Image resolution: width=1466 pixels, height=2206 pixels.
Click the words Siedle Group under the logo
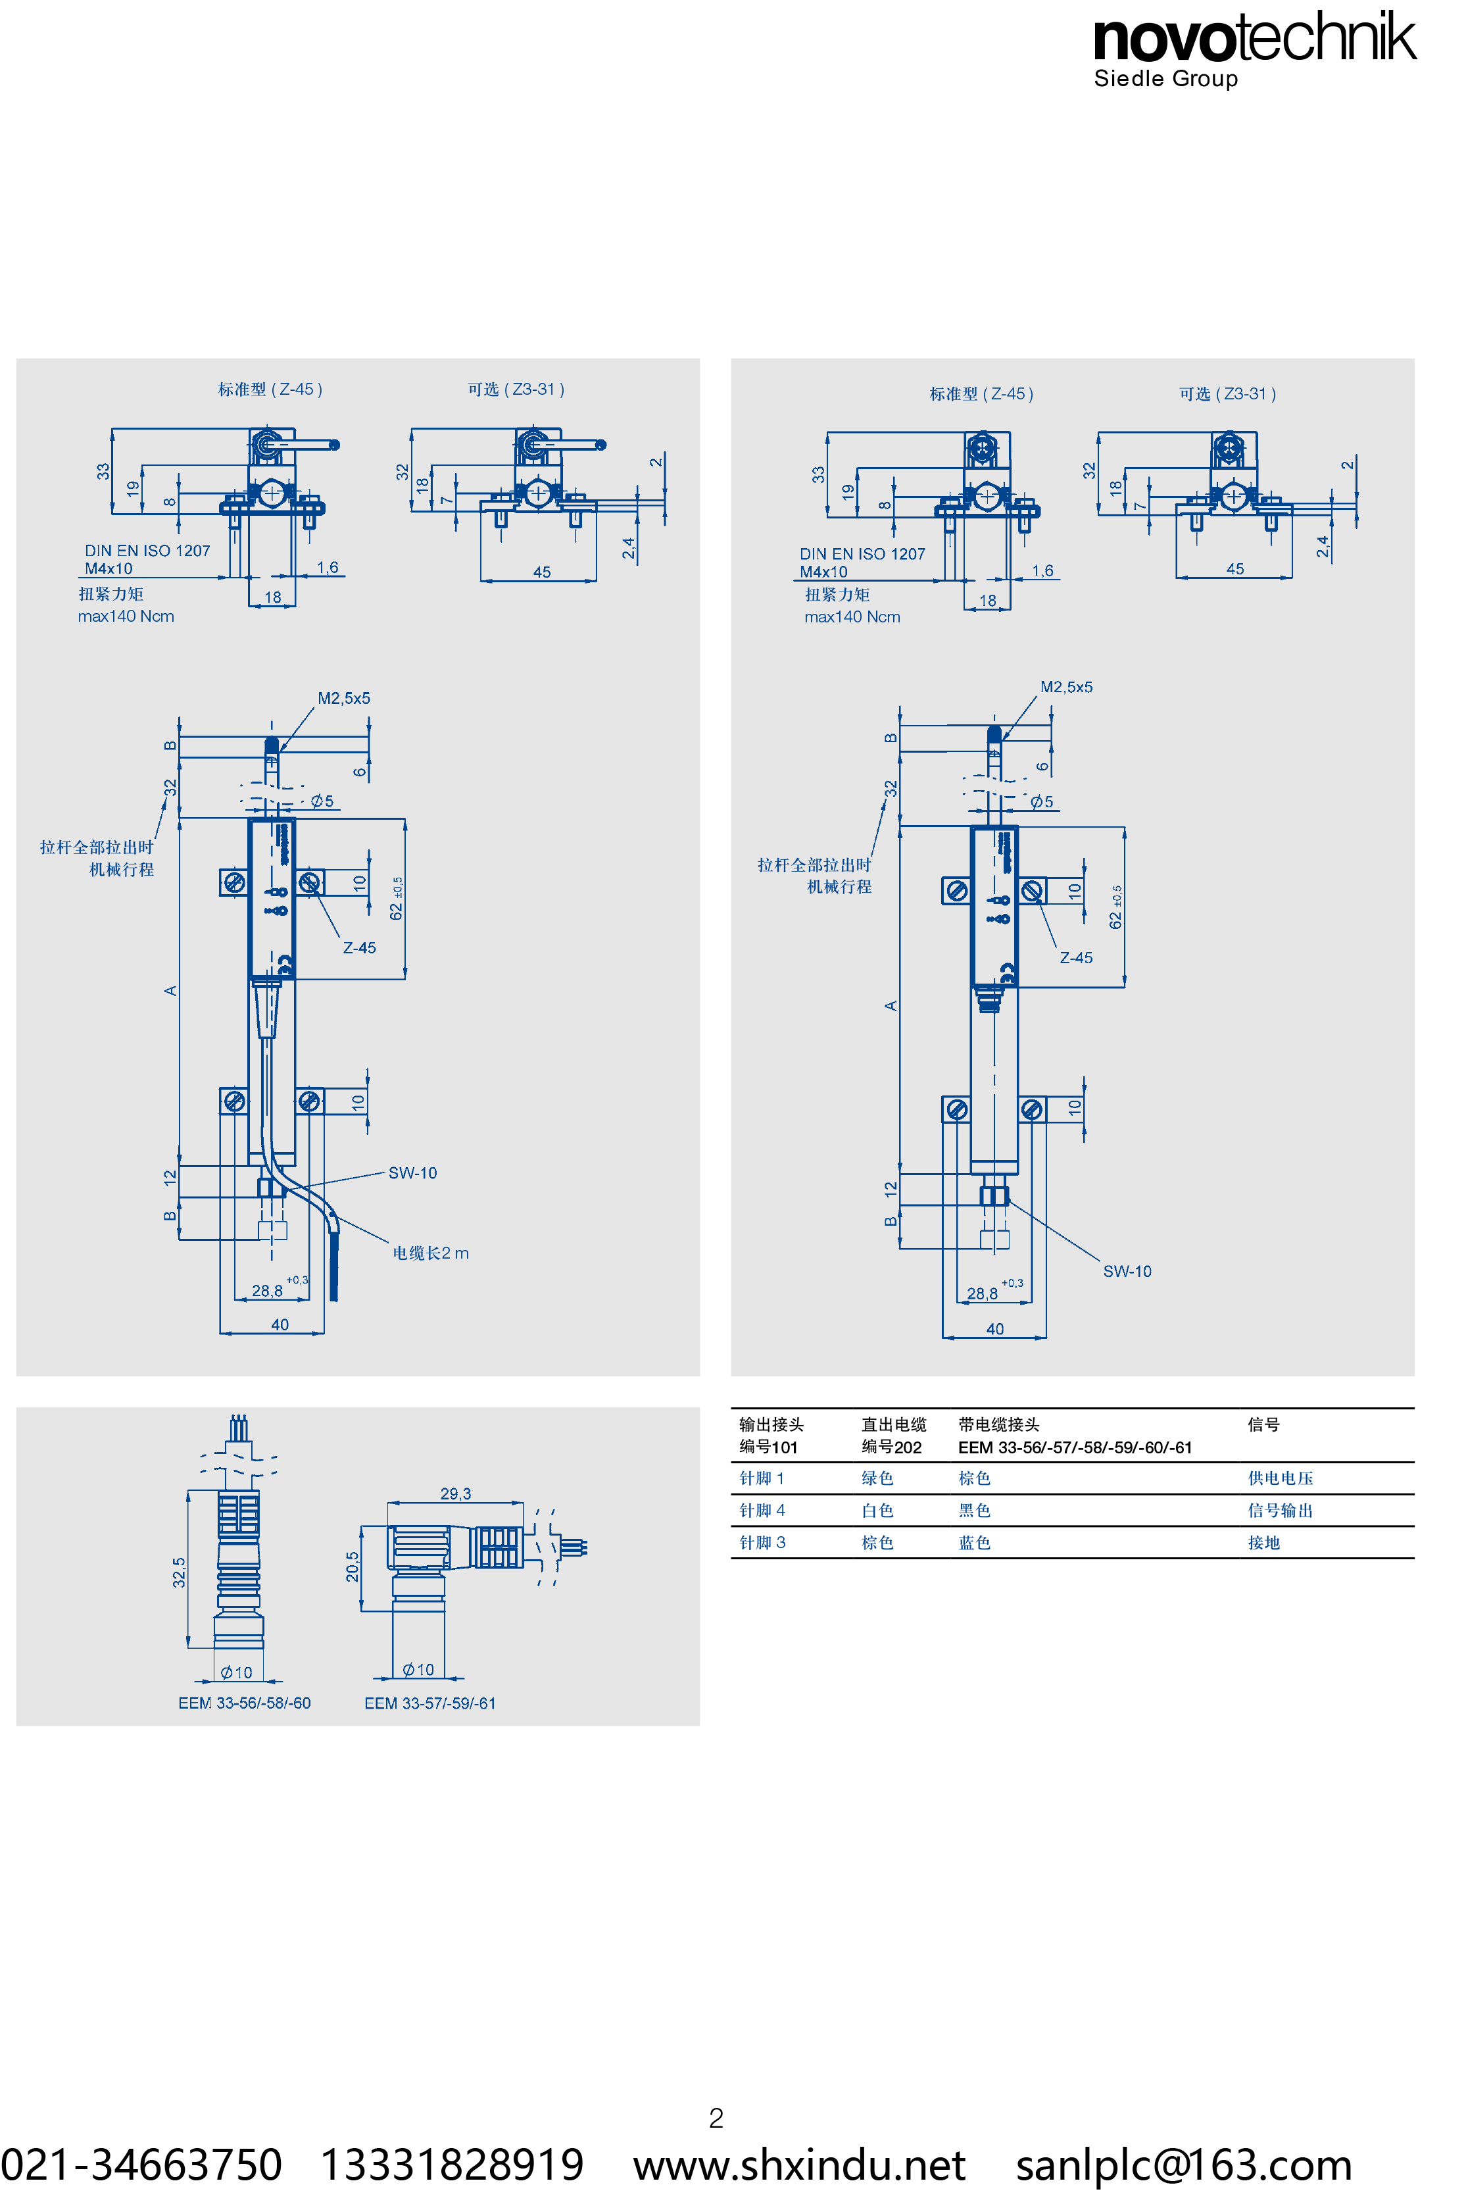click(x=1166, y=78)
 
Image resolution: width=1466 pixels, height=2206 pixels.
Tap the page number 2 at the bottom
click(x=716, y=2118)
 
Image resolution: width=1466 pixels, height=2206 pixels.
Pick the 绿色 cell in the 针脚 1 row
click(x=877, y=1478)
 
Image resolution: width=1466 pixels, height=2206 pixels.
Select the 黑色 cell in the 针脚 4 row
click(x=974, y=1511)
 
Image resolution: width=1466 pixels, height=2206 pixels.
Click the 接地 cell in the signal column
click(x=1263, y=1542)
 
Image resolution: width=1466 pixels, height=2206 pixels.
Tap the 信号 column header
click(x=1263, y=1424)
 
